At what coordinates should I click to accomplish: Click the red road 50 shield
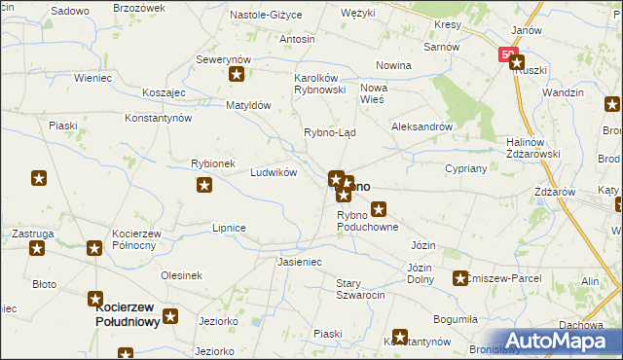tap(508, 55)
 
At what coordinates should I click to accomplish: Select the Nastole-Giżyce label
tap(266, 16)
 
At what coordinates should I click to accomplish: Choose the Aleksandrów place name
tap(422, 126)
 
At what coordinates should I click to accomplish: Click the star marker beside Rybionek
tap(203, 185)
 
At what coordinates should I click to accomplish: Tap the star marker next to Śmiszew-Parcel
tap(459, 279)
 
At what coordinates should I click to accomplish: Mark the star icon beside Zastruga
tap(37, 248)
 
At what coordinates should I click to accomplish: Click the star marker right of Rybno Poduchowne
tap(379, 207)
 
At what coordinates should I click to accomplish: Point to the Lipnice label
tap(229, 227)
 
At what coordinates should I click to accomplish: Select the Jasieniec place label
tap(299, 263)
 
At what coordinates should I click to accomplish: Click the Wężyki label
tap(358, 15)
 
